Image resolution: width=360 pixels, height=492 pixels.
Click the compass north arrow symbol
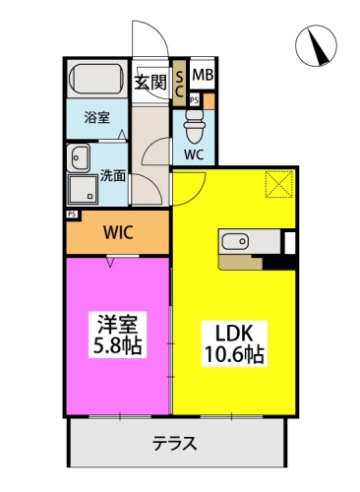[x=318, y=44]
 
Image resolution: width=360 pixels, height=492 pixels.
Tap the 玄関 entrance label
[x=150, y=82]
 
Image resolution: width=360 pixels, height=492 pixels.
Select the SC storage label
[x=180, y=82]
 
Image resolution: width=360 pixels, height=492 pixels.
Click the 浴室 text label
[x=95, y=118]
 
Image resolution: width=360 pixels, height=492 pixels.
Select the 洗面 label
[x=113, y=176]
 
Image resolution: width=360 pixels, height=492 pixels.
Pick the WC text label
[x=194, y=154]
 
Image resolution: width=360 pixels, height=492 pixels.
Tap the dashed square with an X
[x=279, y=183]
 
